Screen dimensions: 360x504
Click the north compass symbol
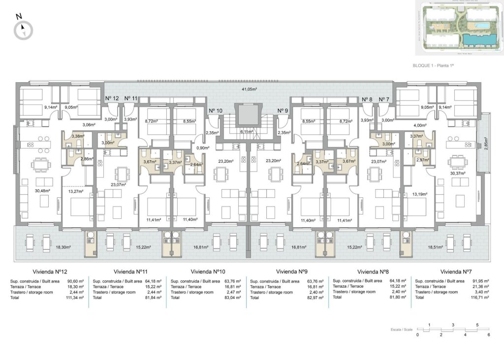point(23,31)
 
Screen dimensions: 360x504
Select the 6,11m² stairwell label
point(247,131)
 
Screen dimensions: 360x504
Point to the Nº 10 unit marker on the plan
point(216,111)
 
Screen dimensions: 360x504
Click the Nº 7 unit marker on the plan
point(384,99)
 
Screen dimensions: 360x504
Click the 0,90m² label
point(201,148)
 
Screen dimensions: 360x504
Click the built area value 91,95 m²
point(480,281)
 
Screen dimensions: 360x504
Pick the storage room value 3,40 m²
point(482,292)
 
